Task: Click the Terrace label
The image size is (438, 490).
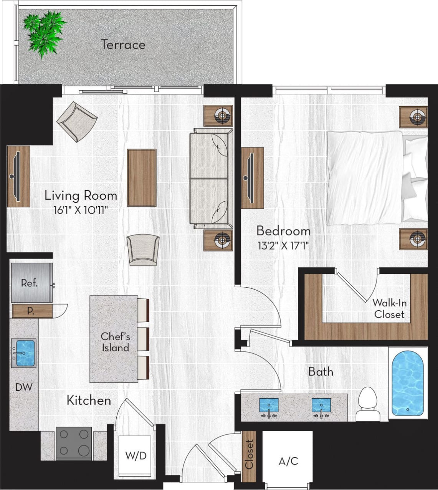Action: click(123, 45)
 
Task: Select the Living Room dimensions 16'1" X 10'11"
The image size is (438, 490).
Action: click(81, 210)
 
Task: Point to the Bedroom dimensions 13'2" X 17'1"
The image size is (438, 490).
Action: click(283, 245)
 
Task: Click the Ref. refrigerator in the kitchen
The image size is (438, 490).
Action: click(30, 283)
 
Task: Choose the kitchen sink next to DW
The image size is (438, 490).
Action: click(24, 353)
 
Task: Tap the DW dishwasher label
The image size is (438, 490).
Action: click(24, 387)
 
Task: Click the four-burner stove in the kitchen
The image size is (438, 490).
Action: click(74, 443)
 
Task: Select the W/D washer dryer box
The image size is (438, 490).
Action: click(136, 456)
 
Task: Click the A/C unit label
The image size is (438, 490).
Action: click(288, 461)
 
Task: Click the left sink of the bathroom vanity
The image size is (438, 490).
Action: click(269, 406)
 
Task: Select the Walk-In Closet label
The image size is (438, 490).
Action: click(389, 309)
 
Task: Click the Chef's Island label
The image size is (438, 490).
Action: click(115, 342)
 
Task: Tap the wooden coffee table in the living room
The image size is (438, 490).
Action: click(142, 177)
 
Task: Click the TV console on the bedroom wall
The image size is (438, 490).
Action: click(252, 178)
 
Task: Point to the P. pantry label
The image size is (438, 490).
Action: click(31, 311)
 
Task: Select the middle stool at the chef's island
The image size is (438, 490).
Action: click(143, 339)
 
